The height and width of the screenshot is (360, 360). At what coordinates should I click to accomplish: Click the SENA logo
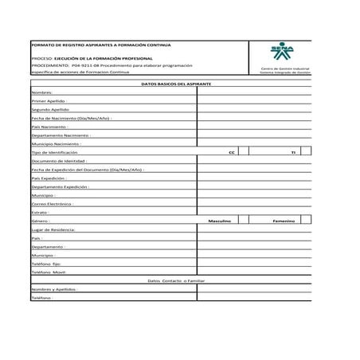coord(284,53)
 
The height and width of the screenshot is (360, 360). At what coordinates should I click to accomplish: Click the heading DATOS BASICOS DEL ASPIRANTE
coord(170,83)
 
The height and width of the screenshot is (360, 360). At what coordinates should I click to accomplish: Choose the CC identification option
coord(230,151)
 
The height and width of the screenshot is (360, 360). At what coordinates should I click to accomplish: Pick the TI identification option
coord(292,151)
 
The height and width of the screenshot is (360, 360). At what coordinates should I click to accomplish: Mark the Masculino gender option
coord(219,220)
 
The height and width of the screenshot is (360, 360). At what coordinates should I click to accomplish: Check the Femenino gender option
coord(284,220)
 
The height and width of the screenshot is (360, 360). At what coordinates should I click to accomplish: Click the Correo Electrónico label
coord(53,203)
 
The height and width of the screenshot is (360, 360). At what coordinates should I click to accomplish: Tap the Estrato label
coord(41,212)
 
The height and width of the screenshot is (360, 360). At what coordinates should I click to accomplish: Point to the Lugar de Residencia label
coord(53,229)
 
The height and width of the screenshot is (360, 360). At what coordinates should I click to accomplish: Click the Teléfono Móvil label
coord(49,272)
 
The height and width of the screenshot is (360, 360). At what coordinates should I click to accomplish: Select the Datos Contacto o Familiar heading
coord(170,280)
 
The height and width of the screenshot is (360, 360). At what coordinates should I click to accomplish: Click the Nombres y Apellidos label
coord(55,289)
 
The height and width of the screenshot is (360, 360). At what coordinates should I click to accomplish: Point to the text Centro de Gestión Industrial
coord(285,68)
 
